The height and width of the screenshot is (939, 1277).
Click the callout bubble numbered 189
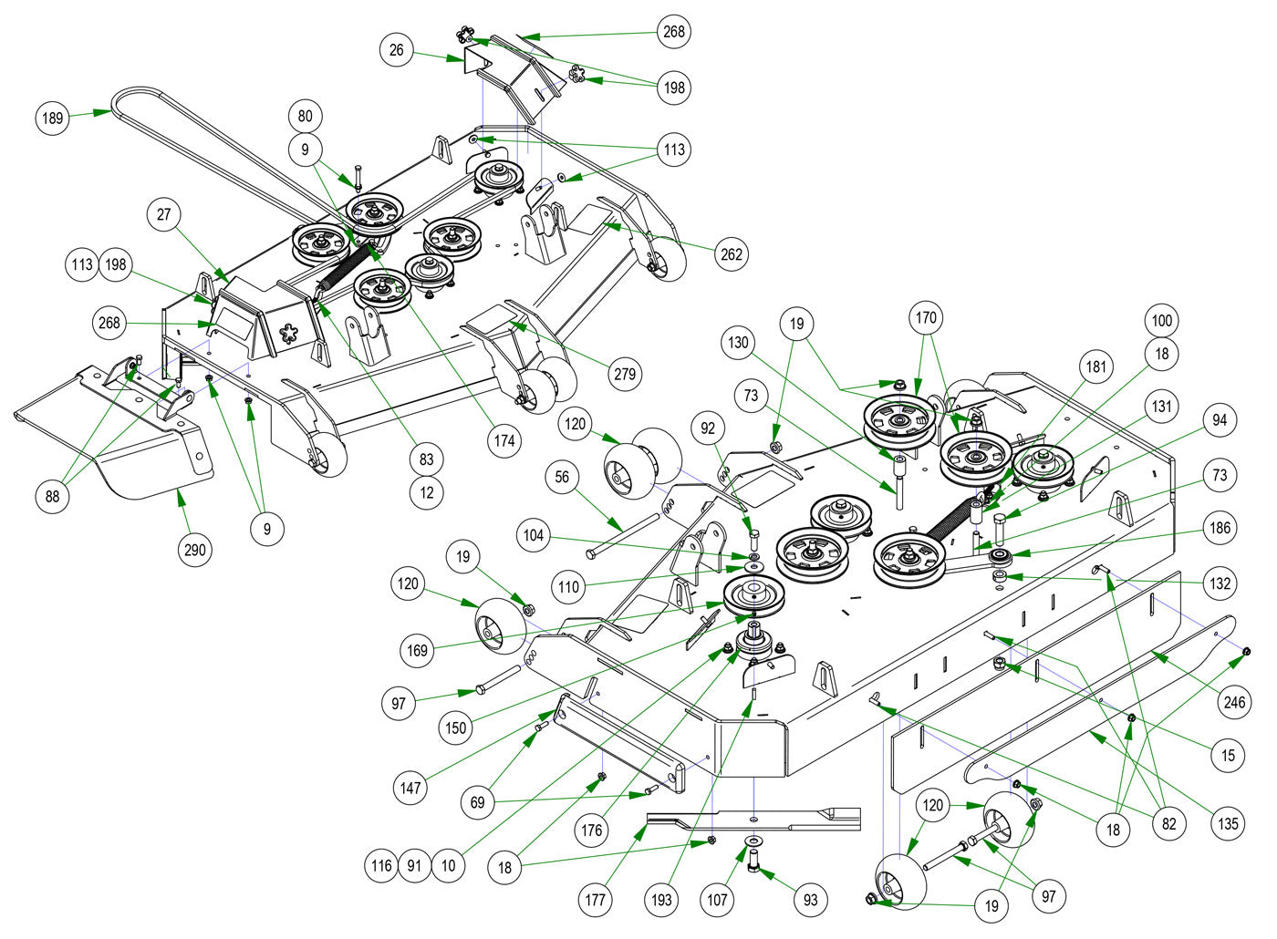coord(54,119)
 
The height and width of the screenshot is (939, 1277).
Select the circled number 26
coord(396,50)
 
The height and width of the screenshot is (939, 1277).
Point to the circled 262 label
coord(731,255)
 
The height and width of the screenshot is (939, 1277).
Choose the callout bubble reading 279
coord(625,373)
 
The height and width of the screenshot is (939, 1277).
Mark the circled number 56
coord(563,477)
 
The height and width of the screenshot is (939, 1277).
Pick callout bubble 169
coord(418,650)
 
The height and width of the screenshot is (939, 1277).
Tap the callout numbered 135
coord(1229,824)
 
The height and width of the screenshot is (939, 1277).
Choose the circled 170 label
coord(926,318)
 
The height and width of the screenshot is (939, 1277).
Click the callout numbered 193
coord(662,900)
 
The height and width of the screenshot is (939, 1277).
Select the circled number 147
coord(411,787)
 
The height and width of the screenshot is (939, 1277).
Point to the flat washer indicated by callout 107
coord(753,840)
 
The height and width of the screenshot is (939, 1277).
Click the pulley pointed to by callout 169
coord(753,594)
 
